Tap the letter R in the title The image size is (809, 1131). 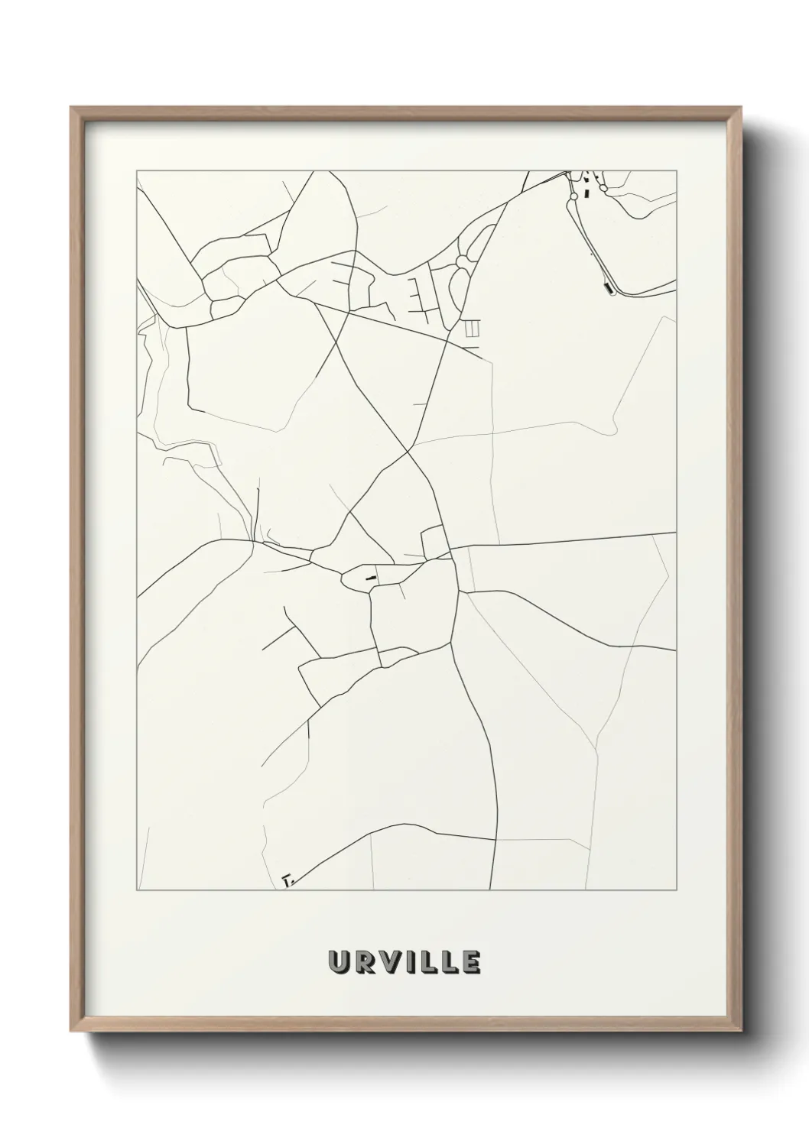point(364,962)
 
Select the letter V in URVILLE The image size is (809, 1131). point(388,962)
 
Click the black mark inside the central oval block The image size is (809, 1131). point(371,577)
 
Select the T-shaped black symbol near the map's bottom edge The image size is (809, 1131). point(288,880)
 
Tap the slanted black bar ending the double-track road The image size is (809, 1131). point(609,288)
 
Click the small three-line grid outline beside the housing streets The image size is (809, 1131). point(472,329)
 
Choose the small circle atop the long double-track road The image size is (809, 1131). point(573,196)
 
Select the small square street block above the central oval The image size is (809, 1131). point(434,543)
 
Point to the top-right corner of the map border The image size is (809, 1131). point(677,170)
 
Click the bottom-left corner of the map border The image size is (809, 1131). point(136,891)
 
